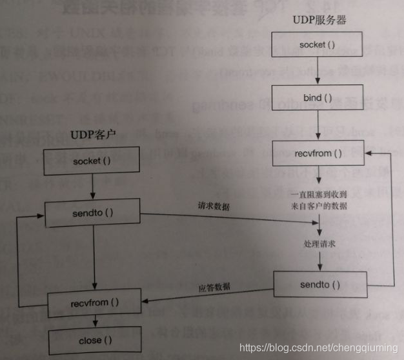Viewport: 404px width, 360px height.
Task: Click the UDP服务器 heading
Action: [x=319, y=19]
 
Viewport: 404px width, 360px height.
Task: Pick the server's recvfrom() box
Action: [x=319, y=154]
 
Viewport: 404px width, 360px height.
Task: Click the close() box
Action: [x=94, y=339]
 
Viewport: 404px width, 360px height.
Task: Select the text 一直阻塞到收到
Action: [x=319, y=194]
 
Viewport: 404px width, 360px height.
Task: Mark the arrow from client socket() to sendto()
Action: [x=92, y=187]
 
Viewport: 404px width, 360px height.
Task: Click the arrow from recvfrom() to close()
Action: [x=94, y=321]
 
